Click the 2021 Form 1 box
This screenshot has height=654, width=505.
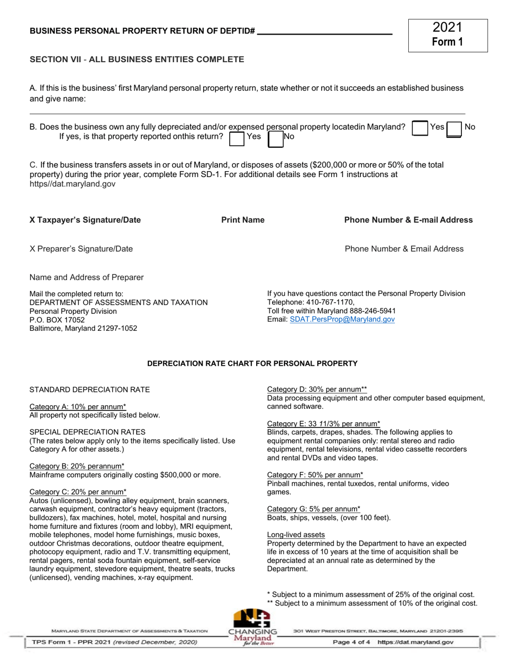[x=448, y=35]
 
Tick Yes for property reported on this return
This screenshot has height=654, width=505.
[x=237, y=138]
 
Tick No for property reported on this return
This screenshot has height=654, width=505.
[x=275, y=138]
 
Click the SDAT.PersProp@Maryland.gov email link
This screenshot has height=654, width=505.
[x=342, y=320]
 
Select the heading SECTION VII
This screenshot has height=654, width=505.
[x=137, y=60]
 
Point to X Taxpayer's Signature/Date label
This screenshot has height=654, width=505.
[x=85, y=220]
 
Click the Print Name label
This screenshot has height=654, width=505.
[x=243, y=220]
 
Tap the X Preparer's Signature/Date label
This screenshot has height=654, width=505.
[x=81, y=249]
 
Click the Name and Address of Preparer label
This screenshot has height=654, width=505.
[x=86, y=277]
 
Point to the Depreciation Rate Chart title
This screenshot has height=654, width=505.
[x=252, y=364]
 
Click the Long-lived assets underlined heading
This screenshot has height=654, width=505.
[x=296, y=534]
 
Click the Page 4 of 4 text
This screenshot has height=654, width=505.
[x=351, y=642]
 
